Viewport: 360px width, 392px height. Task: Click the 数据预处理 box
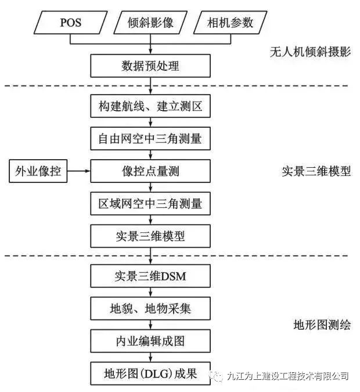[x=150, y=66]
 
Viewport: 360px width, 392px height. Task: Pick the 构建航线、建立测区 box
[x=150, y=107]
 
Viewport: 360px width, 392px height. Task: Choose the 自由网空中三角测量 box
[x=150, y=139]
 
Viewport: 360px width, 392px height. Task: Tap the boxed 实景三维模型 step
[x=150, y=236]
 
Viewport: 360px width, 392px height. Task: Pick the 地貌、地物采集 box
[x=150, y=308]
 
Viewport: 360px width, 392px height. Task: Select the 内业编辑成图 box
[x=150, y=340]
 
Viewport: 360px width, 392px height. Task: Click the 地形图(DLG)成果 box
[x=150, y=373]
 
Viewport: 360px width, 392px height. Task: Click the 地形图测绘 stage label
[x=316, y=325]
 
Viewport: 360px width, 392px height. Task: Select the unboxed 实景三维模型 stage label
[x=316, y=171]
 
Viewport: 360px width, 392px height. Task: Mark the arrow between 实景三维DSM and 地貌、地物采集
[x=150, y=293]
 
